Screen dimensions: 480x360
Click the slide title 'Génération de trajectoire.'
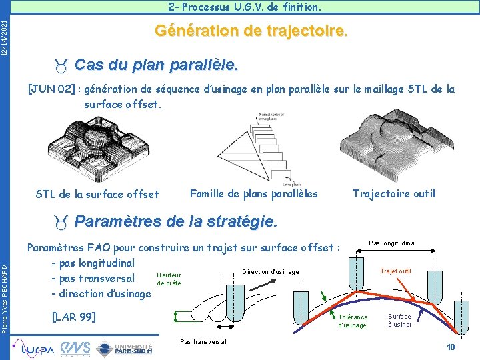pos(251,31)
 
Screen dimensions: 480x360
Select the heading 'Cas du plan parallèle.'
pos(156,66)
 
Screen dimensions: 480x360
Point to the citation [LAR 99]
pos(73,316)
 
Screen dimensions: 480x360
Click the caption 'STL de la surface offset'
pos(97,194)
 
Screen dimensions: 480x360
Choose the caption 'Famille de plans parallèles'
pos(253,193)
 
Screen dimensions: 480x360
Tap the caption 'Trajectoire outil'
pos(393,193)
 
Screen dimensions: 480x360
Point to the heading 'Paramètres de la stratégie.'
pos(175,221)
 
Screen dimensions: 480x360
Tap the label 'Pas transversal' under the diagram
pos(203,341)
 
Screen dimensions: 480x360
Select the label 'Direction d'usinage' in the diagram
pos(271,271)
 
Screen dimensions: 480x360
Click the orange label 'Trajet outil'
pos(395,271)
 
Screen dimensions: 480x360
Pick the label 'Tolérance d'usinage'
pos(353,321)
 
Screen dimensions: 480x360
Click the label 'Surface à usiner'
pos(399,320)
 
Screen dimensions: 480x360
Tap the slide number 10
pos(451,347)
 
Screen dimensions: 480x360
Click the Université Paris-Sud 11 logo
pos(125,347)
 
